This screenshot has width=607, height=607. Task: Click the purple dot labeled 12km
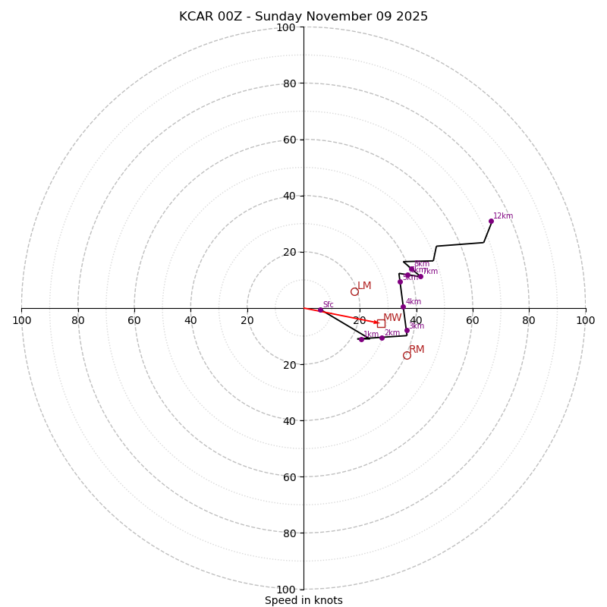(x=491, y=221)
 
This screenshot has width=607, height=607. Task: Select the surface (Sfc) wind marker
(x=320, y=310)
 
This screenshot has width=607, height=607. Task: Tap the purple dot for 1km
(x=361, y=339)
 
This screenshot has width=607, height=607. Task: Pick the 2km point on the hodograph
(x=382, y=338)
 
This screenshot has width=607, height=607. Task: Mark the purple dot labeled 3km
(x=407, y=330)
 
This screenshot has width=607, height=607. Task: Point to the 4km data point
(x=403, y=307)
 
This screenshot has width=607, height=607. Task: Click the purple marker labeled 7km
(x=420, y=276)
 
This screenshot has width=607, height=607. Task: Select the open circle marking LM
(x=354, y=291)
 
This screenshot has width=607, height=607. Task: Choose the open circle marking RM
(x=407, y=355)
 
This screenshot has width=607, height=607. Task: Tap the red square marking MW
(x=381, y=323)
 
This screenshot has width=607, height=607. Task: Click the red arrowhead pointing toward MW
(x=376, y=322)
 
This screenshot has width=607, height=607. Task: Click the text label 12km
(x=503, y=216)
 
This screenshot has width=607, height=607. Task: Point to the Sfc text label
(x=329, y=305)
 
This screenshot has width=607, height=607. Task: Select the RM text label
(x=417, y=350)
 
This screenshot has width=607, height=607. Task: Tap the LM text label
(x=364, y=286)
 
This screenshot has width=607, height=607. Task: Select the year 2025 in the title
(x=412, y=17)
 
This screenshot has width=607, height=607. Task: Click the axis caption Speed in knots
(x=303, y=600)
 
